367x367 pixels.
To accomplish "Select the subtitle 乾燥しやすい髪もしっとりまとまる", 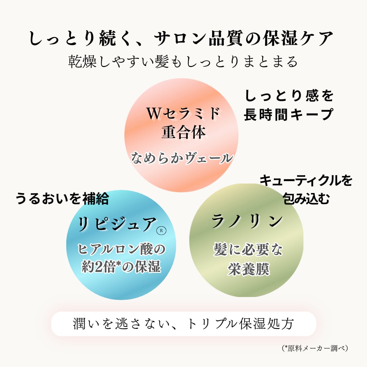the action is coord(183,62).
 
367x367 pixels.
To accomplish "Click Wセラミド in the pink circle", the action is coord(183,113).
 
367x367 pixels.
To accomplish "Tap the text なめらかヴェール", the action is coord(182,158).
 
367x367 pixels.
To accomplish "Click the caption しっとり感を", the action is coord(289,96).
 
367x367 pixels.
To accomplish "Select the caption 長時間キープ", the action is coord(289,115).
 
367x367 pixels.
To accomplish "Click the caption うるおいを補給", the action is coord(62,198).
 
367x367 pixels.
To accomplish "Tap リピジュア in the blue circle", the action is coord(117,224).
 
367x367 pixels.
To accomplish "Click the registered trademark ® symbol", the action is coord(161,230).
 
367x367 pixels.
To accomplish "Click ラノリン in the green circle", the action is coord(247,221).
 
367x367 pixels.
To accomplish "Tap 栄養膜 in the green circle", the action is coord(249,269).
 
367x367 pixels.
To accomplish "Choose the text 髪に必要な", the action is coord(248,249).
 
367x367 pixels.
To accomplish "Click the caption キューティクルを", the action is coord(306,181).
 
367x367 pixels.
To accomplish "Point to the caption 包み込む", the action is coord(306,199).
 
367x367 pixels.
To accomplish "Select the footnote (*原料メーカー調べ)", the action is coord(315,348).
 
